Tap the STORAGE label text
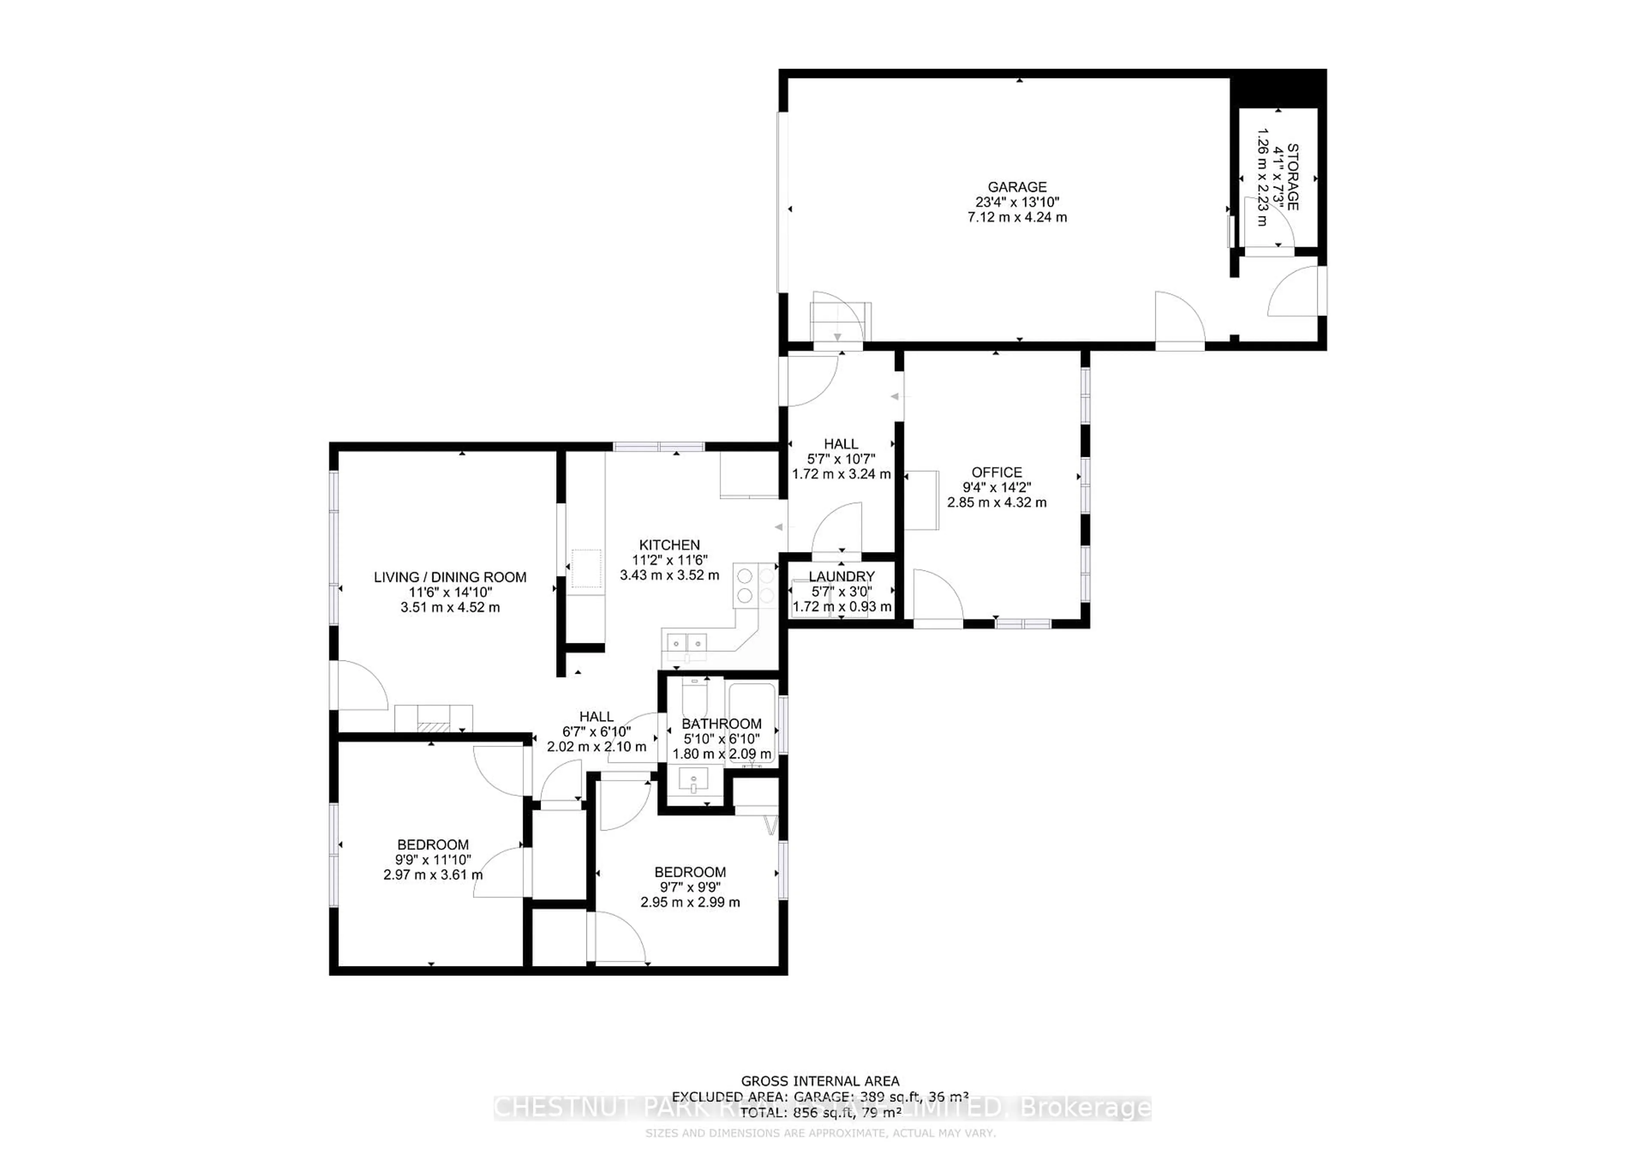[x=1292, y=177]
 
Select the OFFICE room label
[x=996, y=472]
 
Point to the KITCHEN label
[x=669, y=545]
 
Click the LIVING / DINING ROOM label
[x=450, y=577]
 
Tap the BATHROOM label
[x=721, y=724]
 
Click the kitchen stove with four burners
[x=756, y=585]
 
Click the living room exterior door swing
[x=360, y=687]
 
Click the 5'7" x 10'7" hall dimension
[x=841, y=459]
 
